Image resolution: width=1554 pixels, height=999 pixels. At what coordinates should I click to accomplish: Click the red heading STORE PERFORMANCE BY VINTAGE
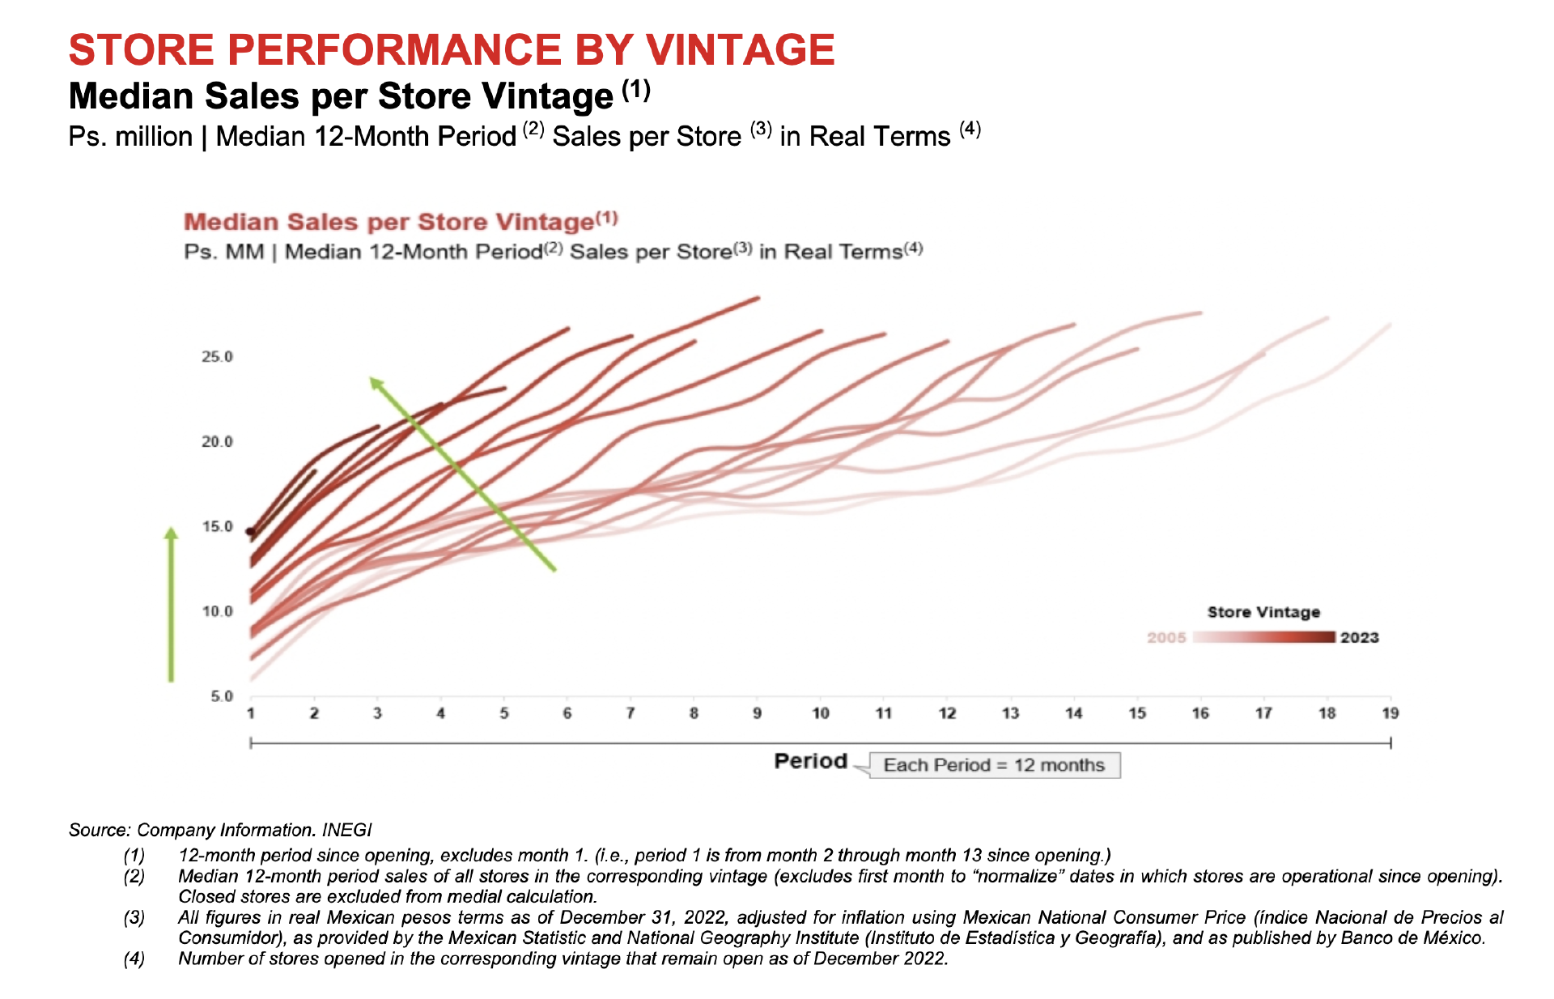[x=452, y=50]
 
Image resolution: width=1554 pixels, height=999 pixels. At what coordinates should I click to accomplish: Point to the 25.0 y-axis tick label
[x=217, y=357]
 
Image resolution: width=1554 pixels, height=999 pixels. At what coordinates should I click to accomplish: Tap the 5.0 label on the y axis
[x=222, y=696]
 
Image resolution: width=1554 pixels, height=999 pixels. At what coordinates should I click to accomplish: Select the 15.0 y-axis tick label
[x=217, y=527]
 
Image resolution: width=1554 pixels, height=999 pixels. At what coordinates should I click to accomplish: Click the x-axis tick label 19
[x=1390, y=713]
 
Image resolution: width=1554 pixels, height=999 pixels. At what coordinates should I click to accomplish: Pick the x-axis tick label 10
[x=820, y=713]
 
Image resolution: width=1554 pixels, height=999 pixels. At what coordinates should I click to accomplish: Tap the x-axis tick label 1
[x=251, y=713]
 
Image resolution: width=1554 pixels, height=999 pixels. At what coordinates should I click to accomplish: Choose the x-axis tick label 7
[x=630, y=713]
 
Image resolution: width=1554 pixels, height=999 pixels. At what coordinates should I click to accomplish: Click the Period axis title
[x=810, y=761]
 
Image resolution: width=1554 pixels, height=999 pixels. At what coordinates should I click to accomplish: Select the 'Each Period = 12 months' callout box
[x=994, y=765]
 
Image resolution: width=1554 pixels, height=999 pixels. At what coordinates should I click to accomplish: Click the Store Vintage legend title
[x=1263, y=612]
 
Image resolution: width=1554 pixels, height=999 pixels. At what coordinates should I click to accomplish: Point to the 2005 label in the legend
[x=1165, y=638]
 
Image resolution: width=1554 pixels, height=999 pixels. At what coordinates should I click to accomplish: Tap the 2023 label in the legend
[x=1359, y=638]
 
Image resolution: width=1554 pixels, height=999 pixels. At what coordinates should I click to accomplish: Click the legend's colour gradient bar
[x=1263, y=638]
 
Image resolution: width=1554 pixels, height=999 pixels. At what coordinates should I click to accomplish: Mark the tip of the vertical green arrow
[x=171, y=531]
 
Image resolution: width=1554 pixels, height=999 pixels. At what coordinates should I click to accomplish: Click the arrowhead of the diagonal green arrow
[x=375, y=382]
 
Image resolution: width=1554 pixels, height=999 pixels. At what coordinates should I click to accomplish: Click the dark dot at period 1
[x=250, y=532]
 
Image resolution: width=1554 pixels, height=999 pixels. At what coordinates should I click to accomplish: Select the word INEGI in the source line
[x=346, y=830]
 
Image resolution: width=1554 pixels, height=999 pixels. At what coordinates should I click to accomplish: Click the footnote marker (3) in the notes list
[x=134, y=917]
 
